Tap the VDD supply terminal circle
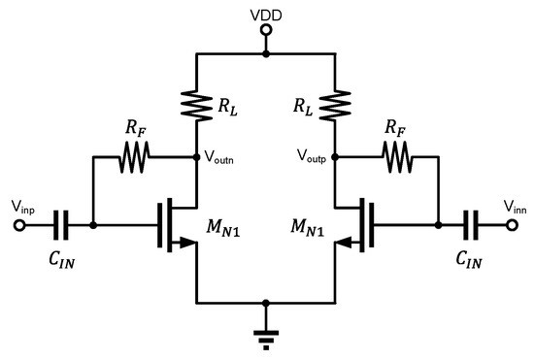[x=266, y=31]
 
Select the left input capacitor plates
[x=61, y=225]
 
